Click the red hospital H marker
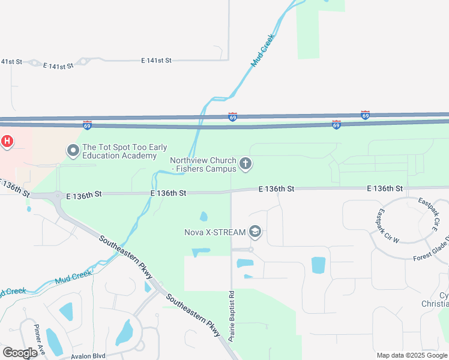pos(7,142)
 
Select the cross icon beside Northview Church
pos(245,163)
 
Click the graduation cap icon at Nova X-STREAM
pos(255,232)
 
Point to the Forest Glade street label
pos(430,254)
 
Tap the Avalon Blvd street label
pos(89,356)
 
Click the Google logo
pos(20,352)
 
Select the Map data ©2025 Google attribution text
pos(412,355)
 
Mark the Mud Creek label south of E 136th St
pos(73,277)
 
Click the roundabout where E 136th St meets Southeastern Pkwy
pos(57,196)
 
